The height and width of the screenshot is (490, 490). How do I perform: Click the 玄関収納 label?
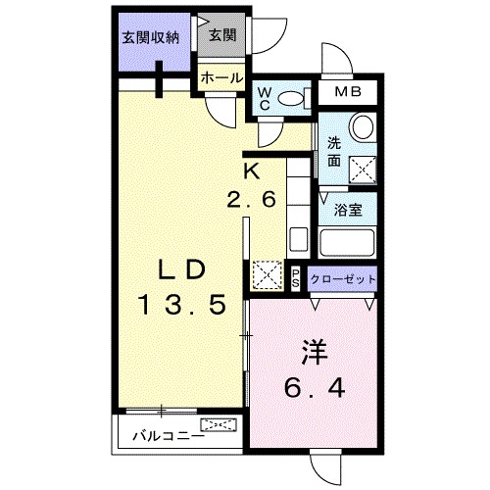tap(151, 38)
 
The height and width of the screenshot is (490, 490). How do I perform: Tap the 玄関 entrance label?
tap(222, 35)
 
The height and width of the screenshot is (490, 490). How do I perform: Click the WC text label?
tap(265, 98)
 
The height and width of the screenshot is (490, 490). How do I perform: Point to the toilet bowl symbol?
tap(292, 99)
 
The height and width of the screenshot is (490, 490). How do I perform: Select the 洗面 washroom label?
tap(334, 150)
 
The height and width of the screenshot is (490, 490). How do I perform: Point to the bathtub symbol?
tap(349, 240)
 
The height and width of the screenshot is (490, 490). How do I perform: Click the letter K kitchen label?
tap(251, 170)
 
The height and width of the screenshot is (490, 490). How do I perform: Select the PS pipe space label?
tap(296, 277)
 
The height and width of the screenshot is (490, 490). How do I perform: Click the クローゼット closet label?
tap(343, 279)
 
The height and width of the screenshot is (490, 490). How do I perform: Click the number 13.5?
tap(182, 304)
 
